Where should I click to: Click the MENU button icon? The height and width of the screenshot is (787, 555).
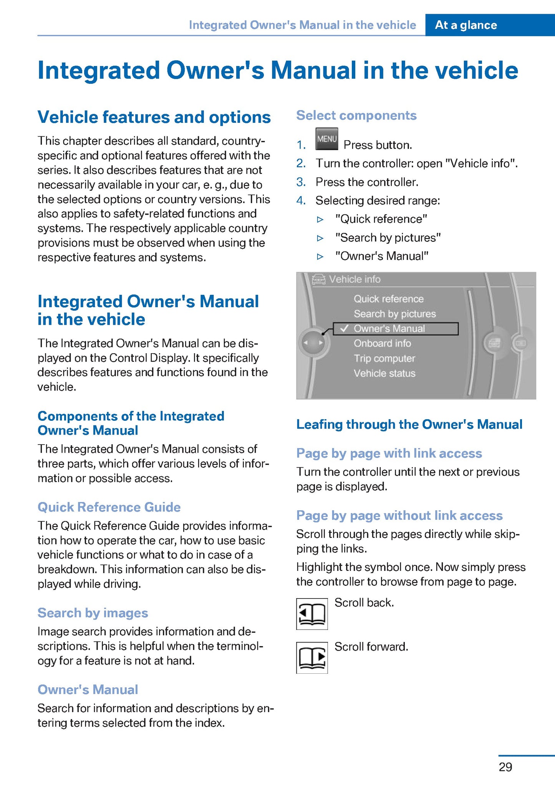(x=326, y=139)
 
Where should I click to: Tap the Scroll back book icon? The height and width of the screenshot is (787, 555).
(x=312, y=613)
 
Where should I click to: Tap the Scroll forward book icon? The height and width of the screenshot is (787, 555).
(x=312, y=658)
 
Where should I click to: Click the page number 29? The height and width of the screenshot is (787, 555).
(x=505, y=767)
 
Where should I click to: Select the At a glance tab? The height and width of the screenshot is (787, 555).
(x=466, y=25)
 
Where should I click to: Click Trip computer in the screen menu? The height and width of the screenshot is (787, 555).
(x=384, y=358)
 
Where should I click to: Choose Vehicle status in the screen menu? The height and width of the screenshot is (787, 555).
(x=384, y=373)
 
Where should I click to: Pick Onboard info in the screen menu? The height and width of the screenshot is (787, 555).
(x=382, y=343)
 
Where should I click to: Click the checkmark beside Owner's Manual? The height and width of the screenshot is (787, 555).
(x=344, y=329)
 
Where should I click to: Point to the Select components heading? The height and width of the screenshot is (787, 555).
(x=356, y=115)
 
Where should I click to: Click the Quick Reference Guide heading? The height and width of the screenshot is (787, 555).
(x=109, y=507)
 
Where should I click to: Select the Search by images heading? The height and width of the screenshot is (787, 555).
(x=93, y=613)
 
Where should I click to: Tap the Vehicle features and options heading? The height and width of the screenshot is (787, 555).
(x=154, y=117)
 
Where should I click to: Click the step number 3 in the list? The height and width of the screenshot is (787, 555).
(x=301, y=182)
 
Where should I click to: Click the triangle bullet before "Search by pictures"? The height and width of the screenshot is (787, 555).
(x=320, y=238)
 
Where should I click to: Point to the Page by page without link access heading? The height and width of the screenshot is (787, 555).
(x=399, y=515)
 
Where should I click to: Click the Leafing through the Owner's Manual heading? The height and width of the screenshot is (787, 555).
(x=409, y=424)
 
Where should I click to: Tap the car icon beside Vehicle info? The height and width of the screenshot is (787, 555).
(x=319, y=279)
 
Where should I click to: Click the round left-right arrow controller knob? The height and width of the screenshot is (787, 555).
(x=313, y=342)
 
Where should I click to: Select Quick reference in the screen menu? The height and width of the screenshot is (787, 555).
(x=388, y=299)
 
